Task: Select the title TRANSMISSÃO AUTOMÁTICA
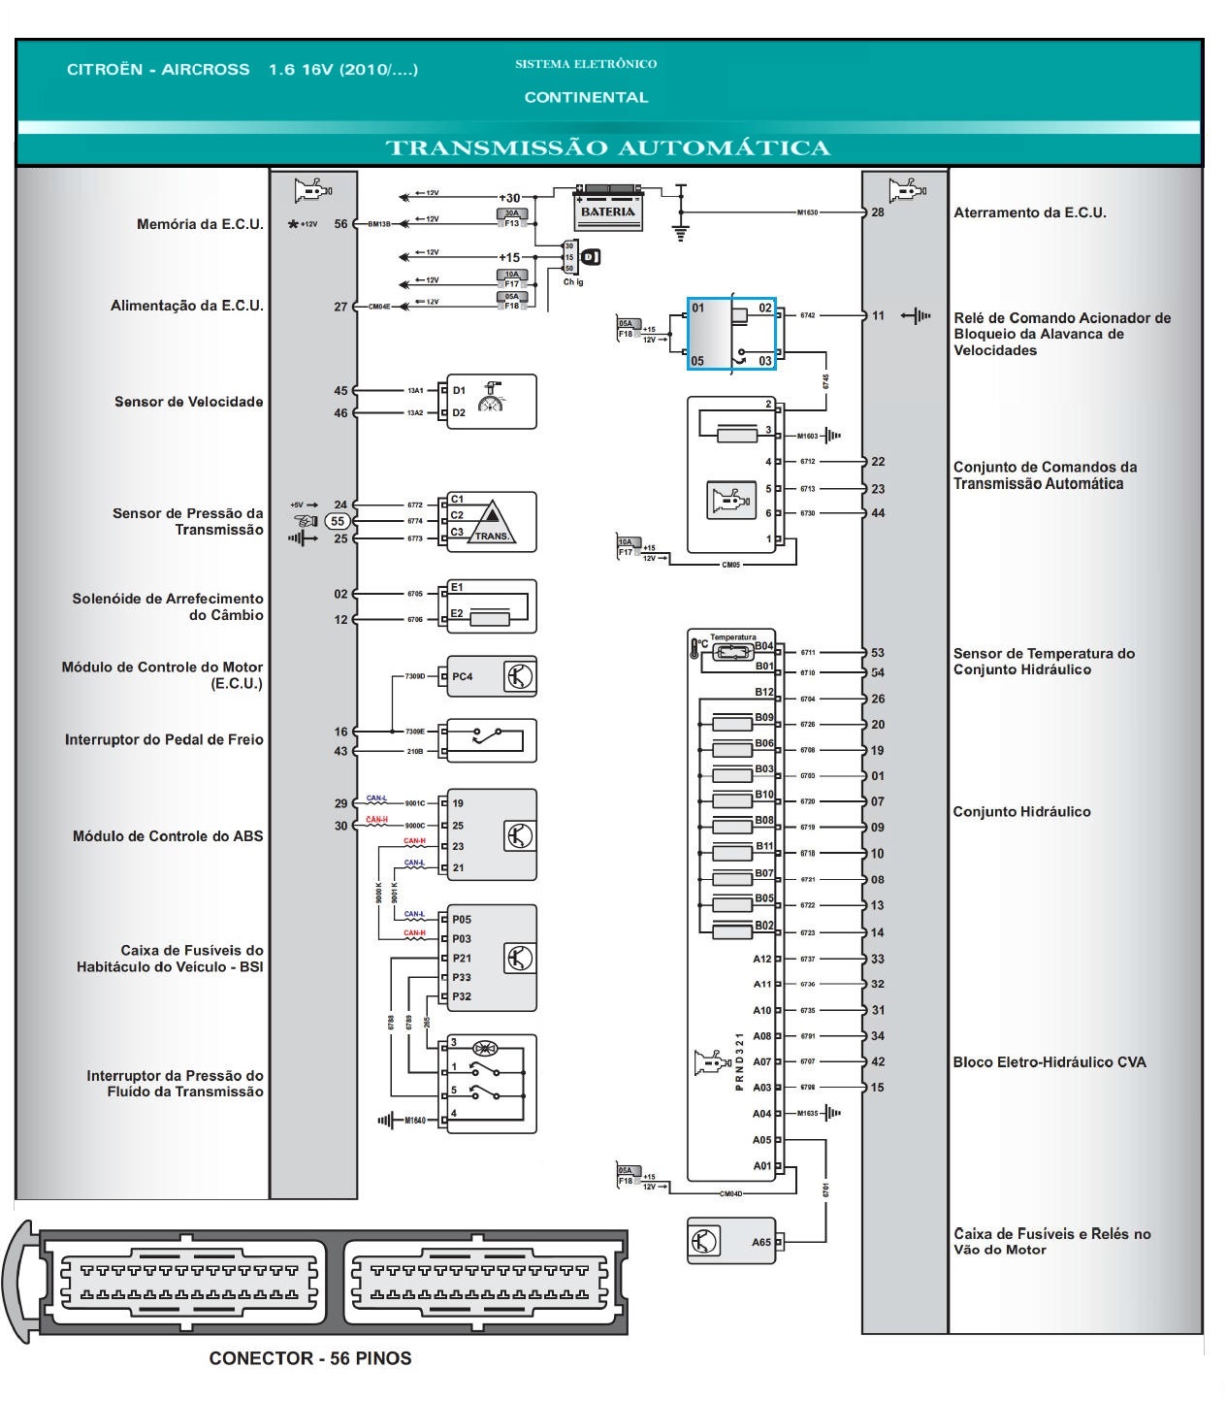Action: tap(608, 148)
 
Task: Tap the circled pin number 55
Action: tap(338, 521)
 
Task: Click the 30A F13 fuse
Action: tap(511, 218)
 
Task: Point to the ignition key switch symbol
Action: tap(590, 257)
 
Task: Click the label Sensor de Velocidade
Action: tap(188, 402)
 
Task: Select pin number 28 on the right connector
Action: tap(878, 212)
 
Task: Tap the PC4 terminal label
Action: tap(463, 676)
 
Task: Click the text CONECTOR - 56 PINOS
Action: tap(310, 1358)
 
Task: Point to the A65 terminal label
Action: tap(761, 1242)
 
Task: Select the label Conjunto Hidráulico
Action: tap(1021, 812)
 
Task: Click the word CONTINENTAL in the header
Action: tap(586, 97)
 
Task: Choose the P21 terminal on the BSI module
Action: tap(462, 959)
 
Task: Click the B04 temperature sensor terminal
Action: tap(764, 646)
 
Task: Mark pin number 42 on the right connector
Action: tap(878, 1061)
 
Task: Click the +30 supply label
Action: tap(509, 198)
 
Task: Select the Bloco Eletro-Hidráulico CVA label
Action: tap(1049, 1062)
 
